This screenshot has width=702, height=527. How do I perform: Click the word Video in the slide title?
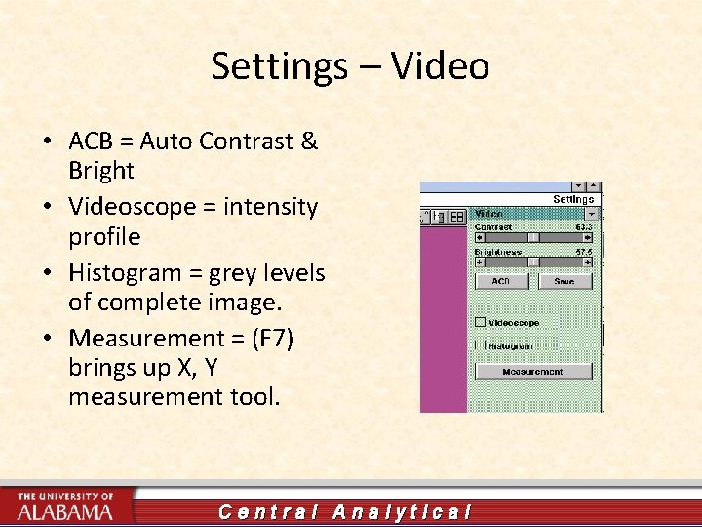tap(440, 66)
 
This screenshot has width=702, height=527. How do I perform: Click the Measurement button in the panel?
tap(533, 372)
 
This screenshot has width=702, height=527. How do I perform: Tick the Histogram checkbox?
tap(480, 345)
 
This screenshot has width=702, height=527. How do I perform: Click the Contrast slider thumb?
tap(533, 237)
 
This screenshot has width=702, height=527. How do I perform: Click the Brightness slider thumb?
tap(533, 262)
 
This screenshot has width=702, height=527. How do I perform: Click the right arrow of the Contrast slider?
tap(588, 237)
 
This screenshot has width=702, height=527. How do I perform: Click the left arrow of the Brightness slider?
tap(480, 262)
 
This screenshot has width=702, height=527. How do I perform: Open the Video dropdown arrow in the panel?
tap(590, 214)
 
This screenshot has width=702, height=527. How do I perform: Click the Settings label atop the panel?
tap(573, 199)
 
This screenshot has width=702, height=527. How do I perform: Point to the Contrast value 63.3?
tap(583, 226)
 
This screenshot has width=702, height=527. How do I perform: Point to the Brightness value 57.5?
tap(583, 251)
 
